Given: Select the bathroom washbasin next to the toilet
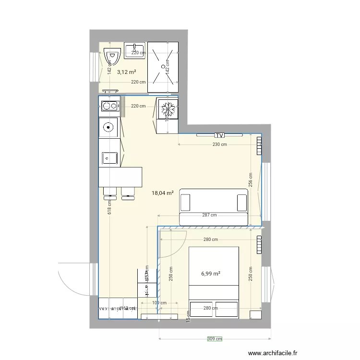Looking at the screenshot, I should tap(134, 50).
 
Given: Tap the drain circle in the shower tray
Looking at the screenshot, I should tap(163, 66).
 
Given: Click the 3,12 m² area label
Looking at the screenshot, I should tap(126, 72).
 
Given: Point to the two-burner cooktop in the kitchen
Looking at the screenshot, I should tap(109, 107).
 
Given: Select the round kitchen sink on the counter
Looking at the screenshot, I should tap(109, 128).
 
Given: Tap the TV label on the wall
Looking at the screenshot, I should tap(220, 135).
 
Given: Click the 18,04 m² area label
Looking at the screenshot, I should tap(162, 193).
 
